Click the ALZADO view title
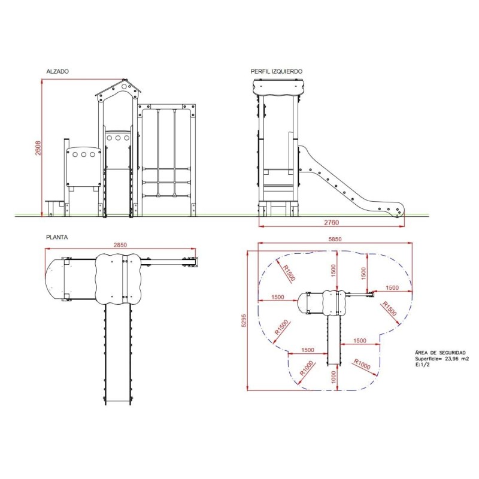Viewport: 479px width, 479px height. pyautogui.click(x=57, y=71)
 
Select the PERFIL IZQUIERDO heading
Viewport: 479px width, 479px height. pyautogui.click(x=277, y=71)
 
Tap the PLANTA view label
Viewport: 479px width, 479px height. pyautogui.click(x=57, y=237)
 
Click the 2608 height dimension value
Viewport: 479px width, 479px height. pyautogui.click(x=38, y=148)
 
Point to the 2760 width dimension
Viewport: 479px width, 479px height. pyautogui.click(x=332, y=223)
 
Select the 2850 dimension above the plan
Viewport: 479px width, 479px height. pyautogui.click(x=120, y=245)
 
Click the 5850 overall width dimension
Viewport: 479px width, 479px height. pyautogui.click(x=335, y=239)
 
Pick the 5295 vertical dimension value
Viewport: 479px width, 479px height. pyautogui.click(x=244, y=320)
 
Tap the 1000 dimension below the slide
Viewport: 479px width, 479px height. pyautogui.click(x=334, y=377)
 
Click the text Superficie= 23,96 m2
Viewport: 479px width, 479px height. pyautogui.click(x=442, y=359)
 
